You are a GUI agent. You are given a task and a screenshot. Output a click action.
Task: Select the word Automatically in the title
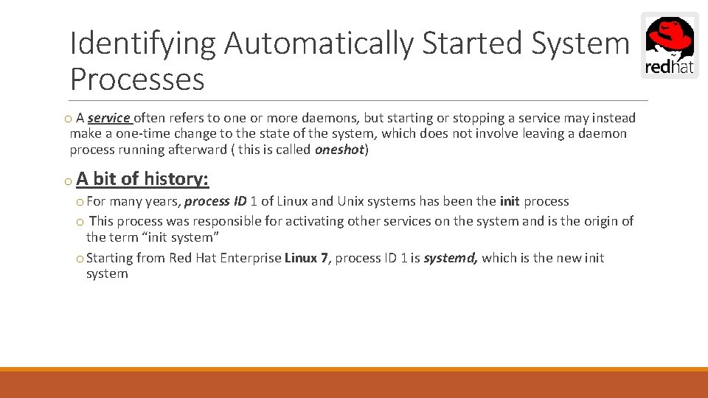319,43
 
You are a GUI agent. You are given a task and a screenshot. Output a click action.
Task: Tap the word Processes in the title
137,79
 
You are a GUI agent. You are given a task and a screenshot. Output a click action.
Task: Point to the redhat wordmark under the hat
669,69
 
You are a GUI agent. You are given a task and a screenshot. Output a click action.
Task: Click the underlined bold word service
108,118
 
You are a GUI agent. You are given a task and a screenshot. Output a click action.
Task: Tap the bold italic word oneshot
339,150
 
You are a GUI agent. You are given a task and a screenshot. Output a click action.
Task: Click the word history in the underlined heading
176,178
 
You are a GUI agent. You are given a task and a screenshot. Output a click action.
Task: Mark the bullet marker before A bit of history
66,180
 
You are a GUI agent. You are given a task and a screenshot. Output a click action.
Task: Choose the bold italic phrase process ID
215,201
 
